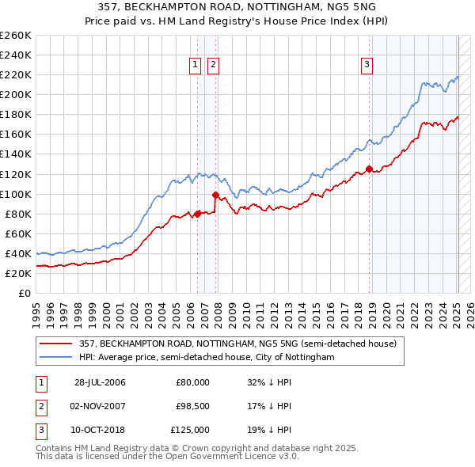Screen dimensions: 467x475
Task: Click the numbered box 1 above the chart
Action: pyautogui.click(x=195, y=66)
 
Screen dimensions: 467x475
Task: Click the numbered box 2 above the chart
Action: pyautogui.click(x=214, y=66)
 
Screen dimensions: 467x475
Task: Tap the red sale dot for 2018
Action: pyautogui.click(x=369, y=169)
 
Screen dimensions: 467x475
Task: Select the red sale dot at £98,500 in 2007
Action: pyautogui.click(x=215, y=195)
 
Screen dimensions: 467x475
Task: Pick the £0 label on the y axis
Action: pyautogui.click(x=23, y=293)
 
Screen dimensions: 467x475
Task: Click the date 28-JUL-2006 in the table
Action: pyautogui.click(x=100, y=382)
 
